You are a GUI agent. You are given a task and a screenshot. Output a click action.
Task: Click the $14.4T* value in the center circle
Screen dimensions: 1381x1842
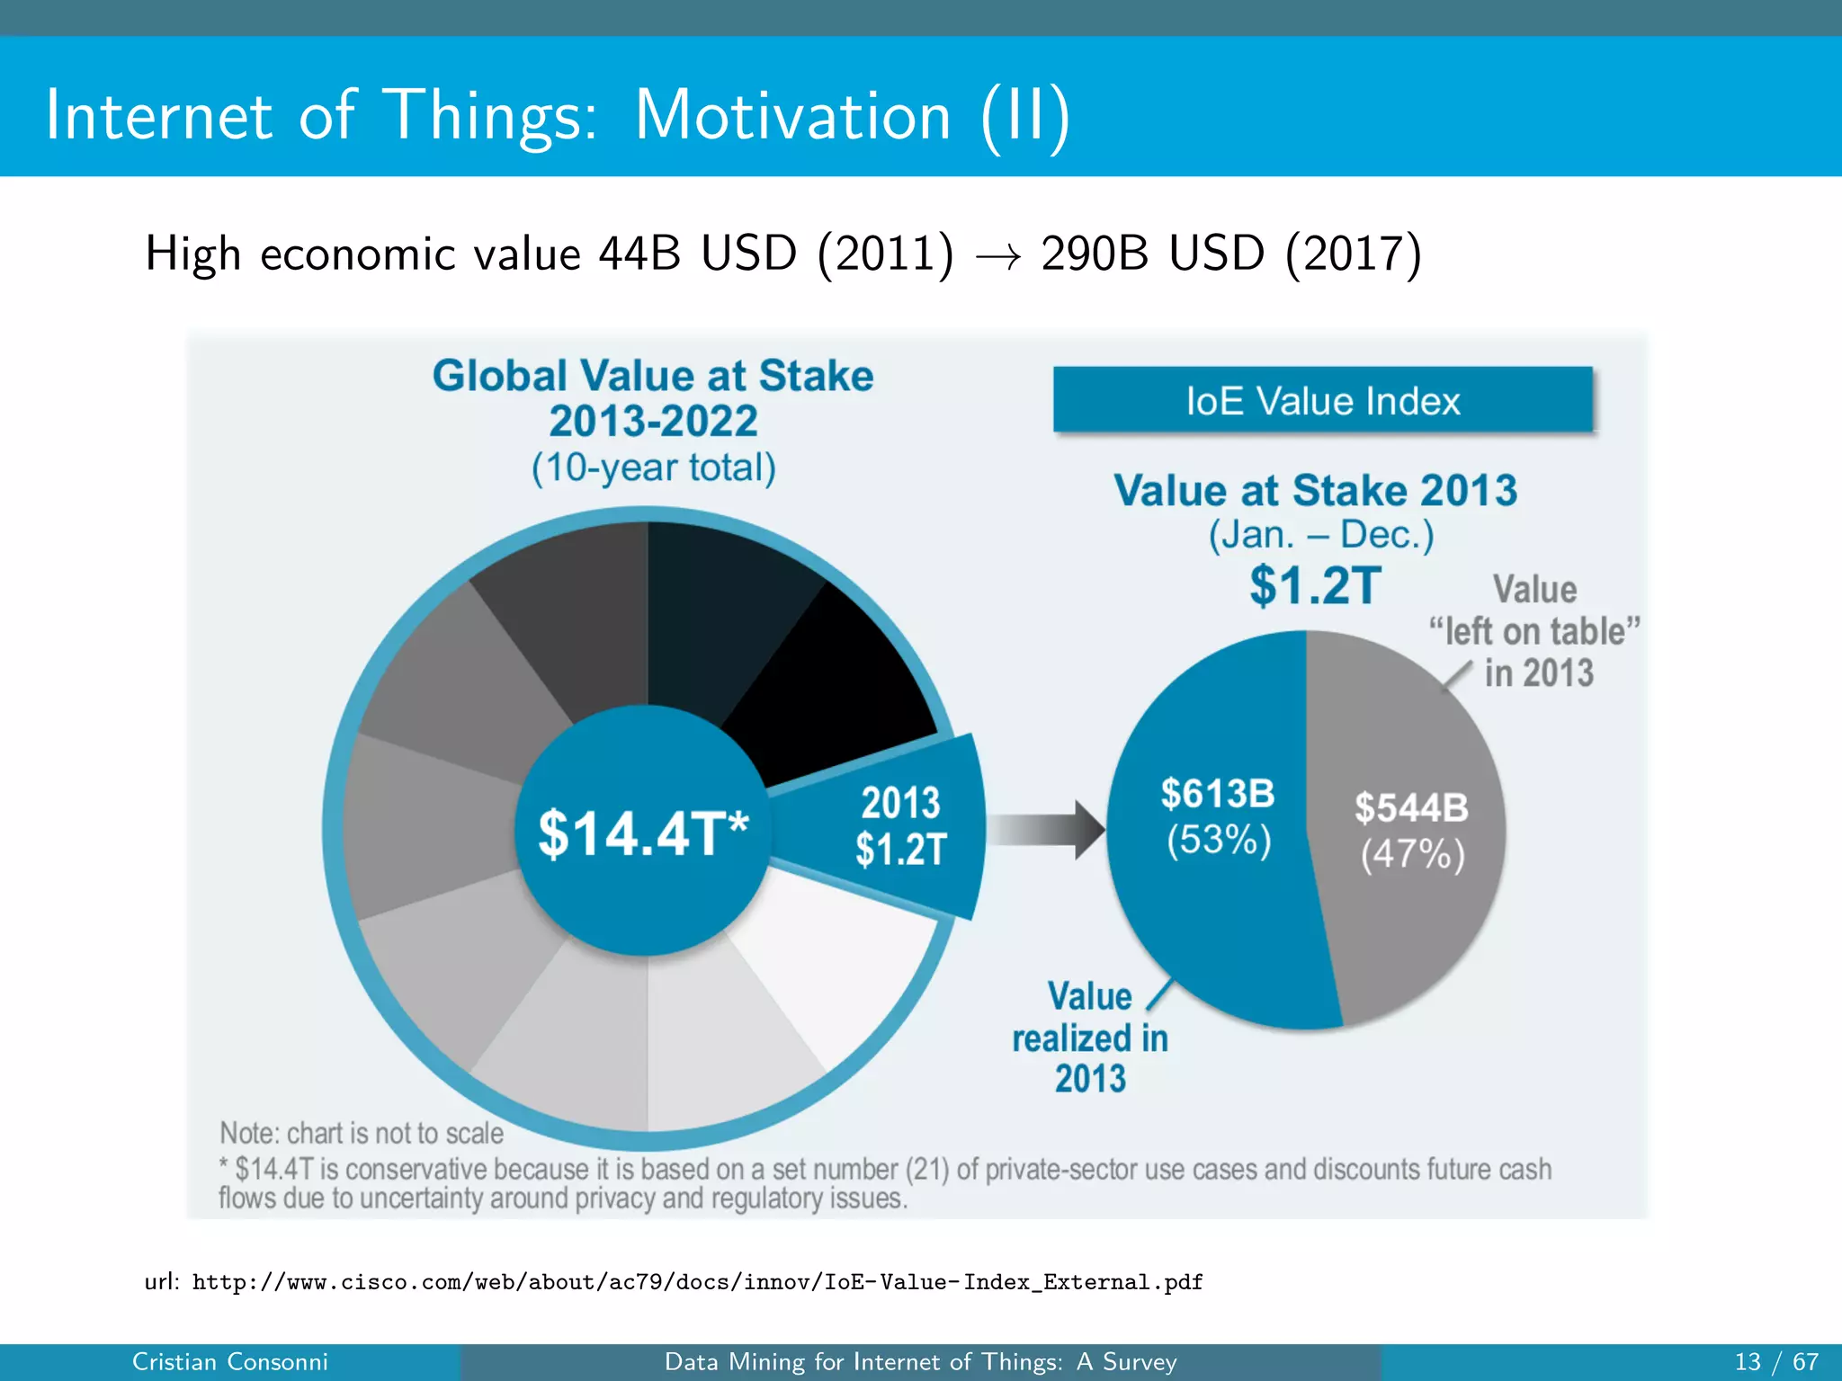[642, 833]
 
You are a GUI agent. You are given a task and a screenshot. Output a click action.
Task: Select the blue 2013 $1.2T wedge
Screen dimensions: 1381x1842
[899, 826]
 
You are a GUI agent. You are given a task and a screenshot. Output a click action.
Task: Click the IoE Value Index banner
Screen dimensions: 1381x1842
[1322, 401]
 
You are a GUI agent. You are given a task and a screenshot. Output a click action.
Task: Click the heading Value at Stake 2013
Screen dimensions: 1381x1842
[1315, 491]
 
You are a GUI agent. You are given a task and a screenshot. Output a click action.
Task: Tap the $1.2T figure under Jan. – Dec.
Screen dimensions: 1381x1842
[1314, 585]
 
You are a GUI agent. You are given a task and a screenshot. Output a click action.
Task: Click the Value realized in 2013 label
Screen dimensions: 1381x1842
[1089, 1038]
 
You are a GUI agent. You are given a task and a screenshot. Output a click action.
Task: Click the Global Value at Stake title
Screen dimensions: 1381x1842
[653, 376]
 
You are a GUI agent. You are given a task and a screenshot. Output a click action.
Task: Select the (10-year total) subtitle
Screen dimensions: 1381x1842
[653, 468]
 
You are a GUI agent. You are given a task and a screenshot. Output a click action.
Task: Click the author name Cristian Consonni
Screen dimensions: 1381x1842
[230, 1361]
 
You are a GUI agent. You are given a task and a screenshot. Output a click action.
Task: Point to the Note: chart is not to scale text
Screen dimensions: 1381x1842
[362, 1133]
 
